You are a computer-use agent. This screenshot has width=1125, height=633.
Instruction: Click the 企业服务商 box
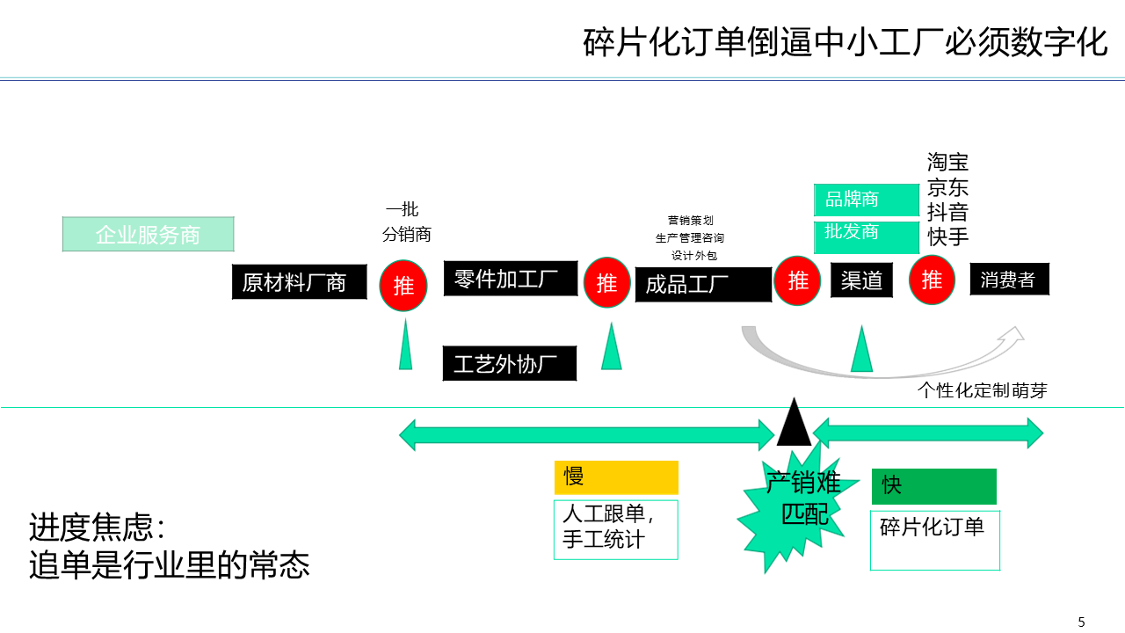(x=148, y=234)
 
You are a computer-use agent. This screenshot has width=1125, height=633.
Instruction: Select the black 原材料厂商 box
(x=299, y=282)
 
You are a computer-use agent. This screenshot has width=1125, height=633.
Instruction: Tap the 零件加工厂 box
(x=510, y=279)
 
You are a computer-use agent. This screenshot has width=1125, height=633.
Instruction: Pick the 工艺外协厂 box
(x=509, y=363)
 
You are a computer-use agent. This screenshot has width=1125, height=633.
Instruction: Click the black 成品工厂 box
(x=702, y=285)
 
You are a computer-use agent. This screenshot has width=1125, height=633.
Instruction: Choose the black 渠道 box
(x=861, y=280)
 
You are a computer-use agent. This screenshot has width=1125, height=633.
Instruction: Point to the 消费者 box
(x=1009, y=280)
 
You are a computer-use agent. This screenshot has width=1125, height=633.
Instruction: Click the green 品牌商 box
(x=853, y=200)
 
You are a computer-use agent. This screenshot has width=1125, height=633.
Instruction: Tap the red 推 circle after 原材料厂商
(x=403, y=285)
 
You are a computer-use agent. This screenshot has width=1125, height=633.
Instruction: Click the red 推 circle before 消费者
(x=932, y=280)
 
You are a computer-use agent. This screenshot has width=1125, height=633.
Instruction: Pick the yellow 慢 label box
(x=616, y=477)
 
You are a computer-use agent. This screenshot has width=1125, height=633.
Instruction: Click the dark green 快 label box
(x=933, y=486)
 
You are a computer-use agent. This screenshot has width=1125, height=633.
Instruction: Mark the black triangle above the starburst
(x=794, y=425)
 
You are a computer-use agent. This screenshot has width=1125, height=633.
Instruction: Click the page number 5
(x=1081, y=622)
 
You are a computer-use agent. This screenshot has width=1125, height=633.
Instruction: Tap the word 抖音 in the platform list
(x=947, y=212)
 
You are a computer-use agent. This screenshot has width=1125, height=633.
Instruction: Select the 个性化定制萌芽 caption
(x=982, y=390)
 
